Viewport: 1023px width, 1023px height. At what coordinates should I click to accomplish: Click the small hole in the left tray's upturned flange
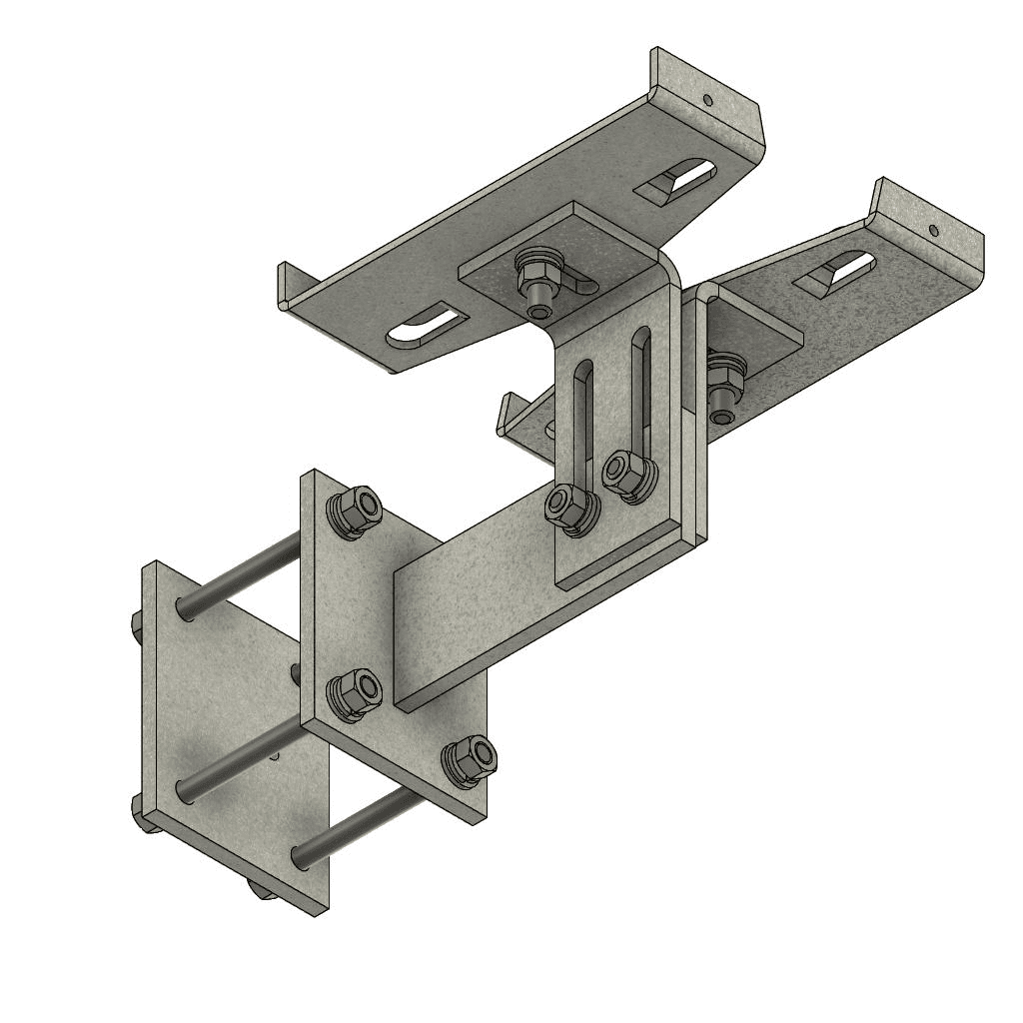pos(708,100)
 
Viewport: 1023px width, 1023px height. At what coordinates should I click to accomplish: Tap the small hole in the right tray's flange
pos(933,230)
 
